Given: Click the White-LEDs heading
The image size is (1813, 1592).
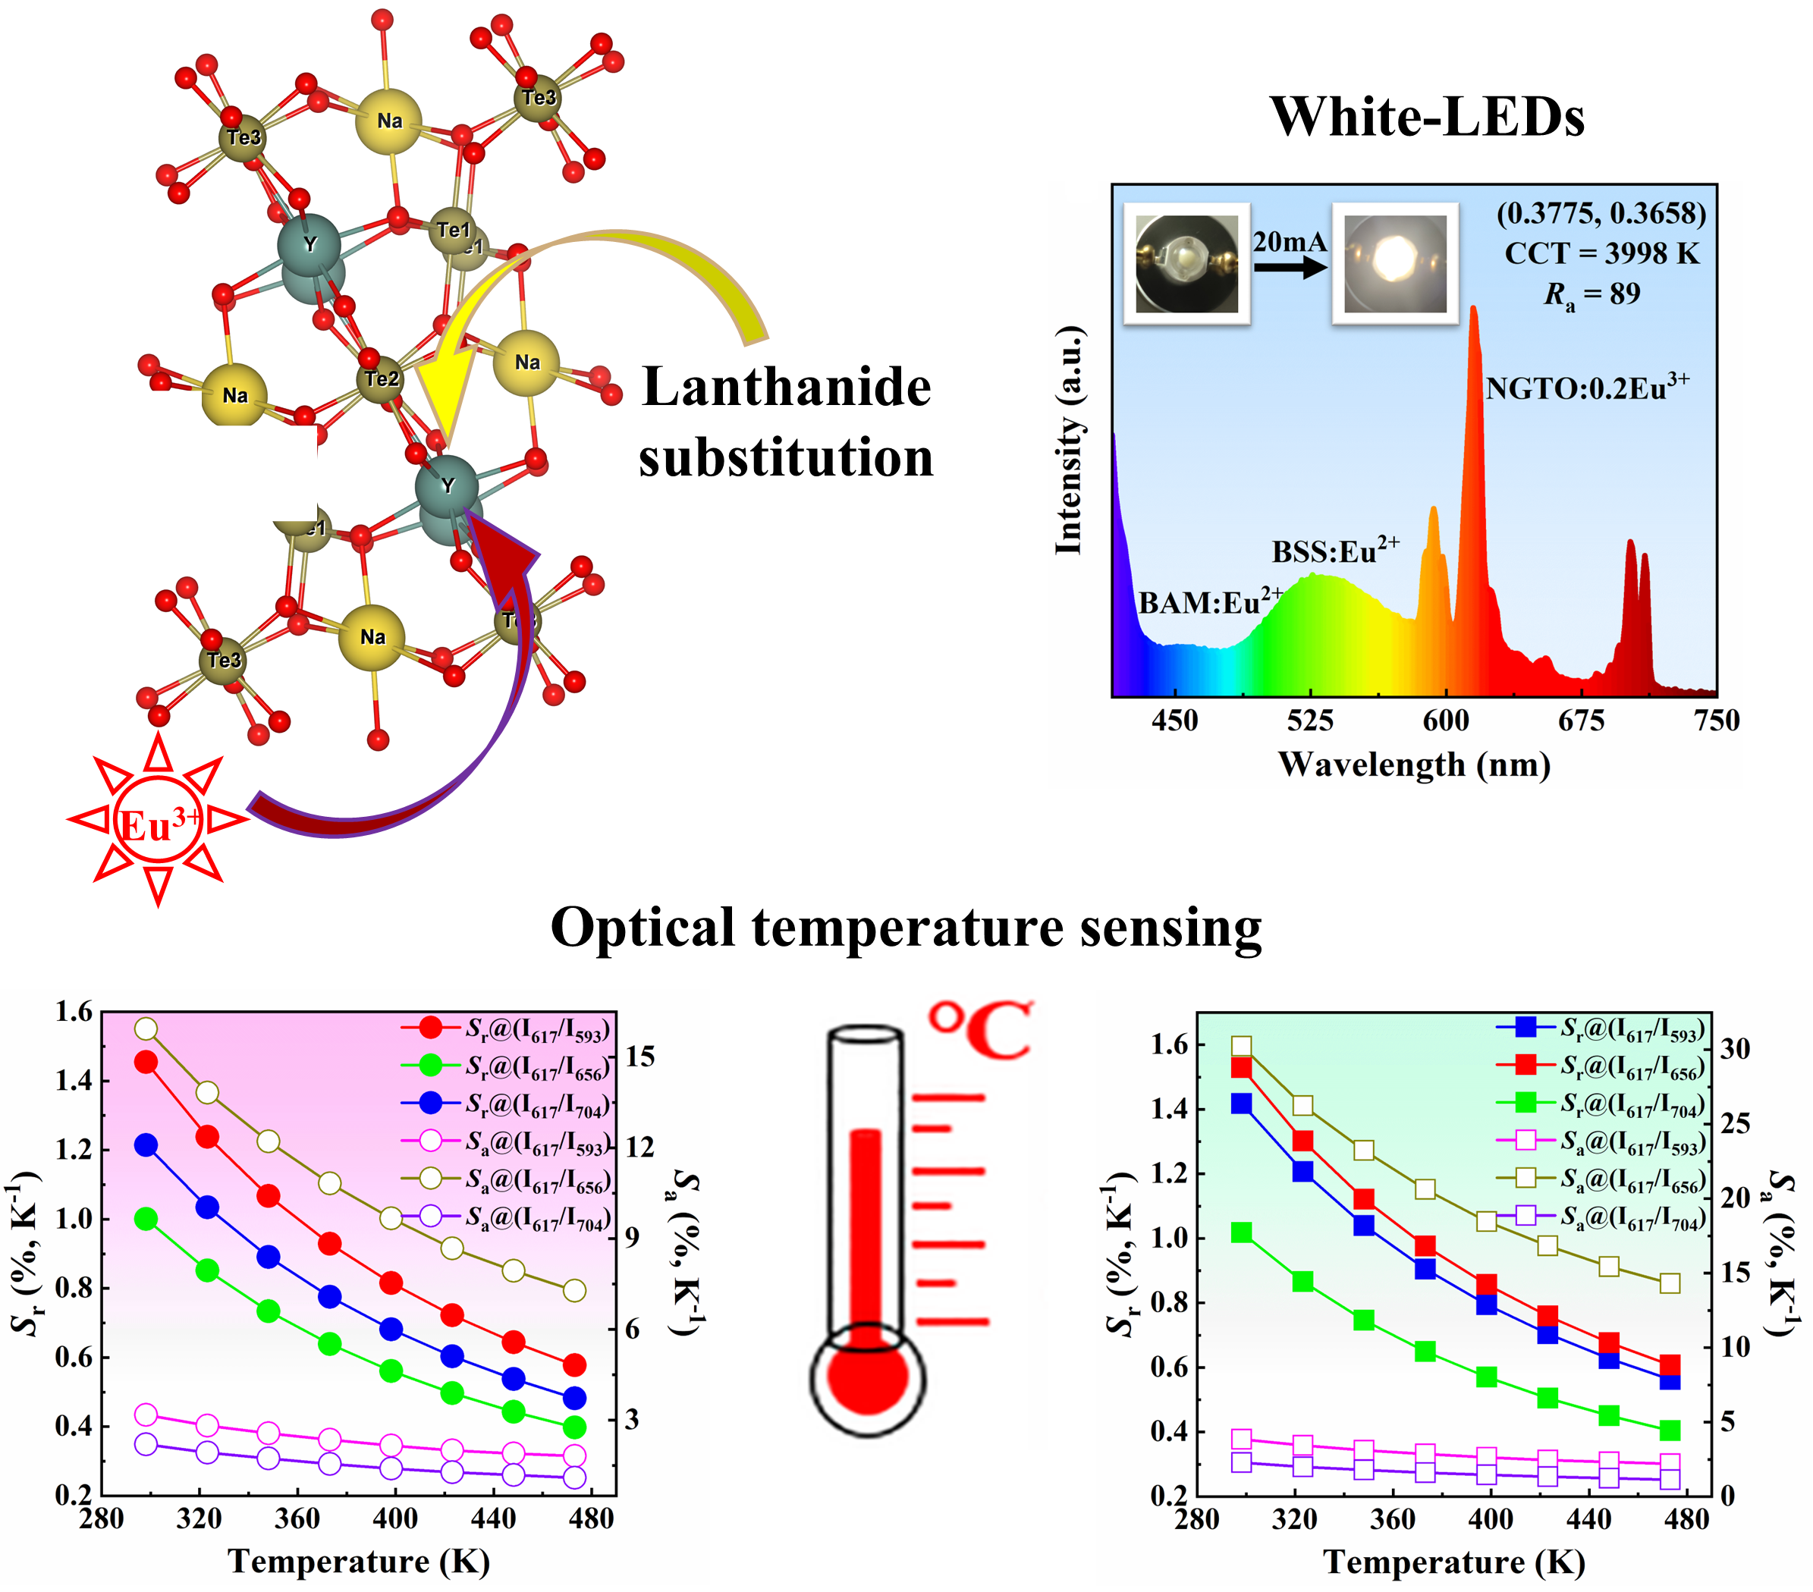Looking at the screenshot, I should pyautogui.click(x=1426, y=116).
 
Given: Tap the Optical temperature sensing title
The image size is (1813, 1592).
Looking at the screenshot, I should pyautogui.click(x=906, y=928).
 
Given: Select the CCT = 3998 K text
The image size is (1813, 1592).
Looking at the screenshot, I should pyautogui.click(x=1601, y=253).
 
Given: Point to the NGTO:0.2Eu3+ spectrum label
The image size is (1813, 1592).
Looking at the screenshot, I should pyautogui.click(x=1586, y=388).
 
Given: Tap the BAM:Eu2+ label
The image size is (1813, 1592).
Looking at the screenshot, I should pyautogui.click(x=1210, y=602).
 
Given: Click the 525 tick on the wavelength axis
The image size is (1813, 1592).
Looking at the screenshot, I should pyautogui.click(x=1310, y=721).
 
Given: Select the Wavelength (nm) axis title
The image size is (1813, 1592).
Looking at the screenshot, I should pyautogui.click(x=1414, y=765).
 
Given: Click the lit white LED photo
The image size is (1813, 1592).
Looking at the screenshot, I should pyautogui.click(x=1395, y=262).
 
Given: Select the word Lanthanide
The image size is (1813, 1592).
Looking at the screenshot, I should pyautogui.click(x=786, y=388).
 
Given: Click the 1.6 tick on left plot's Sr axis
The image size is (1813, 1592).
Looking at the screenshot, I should pyautogui.click(x=74, y=1012).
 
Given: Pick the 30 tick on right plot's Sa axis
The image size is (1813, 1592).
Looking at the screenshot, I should pyautogui.click(x=1735, y=1049).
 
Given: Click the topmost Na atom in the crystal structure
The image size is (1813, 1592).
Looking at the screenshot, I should pyautogui.click(x=388, y=121).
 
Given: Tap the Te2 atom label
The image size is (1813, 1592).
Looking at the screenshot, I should pyautogui.click(x=382, y=378).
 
